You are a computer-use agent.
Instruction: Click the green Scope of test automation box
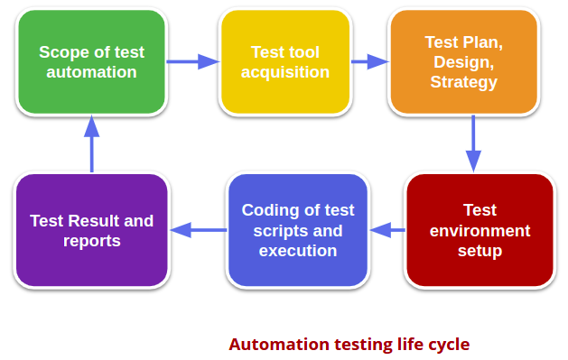(x=91, y=61)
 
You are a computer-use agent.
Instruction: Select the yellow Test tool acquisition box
(x=284, y=61)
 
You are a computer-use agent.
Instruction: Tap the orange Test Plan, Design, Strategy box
(x=463, y=61)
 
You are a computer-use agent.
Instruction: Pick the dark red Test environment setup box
(x=480, y=230)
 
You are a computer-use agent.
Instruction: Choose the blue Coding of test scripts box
(x=297, y=230)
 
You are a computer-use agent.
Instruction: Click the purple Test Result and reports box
(x=91, y=230)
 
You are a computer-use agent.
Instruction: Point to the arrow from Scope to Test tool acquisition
(x=192, y=61)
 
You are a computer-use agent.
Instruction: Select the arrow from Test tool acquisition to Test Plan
(x=368, y=61)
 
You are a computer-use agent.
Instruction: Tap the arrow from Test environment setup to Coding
(x=387, y=230)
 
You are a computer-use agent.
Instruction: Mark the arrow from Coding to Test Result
(x=198, y=230)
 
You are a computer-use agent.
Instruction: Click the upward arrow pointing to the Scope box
(x=91, y=143)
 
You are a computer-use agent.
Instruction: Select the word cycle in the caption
(x=448, y=345)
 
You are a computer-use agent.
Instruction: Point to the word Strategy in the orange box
(x=463, y=82)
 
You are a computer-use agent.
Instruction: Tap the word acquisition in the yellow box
(x=285, y=72)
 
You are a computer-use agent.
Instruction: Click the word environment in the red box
(x=480, y=230)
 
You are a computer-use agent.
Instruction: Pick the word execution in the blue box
(x=297, y=251)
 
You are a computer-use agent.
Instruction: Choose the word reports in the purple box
(x=91, y=241)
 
